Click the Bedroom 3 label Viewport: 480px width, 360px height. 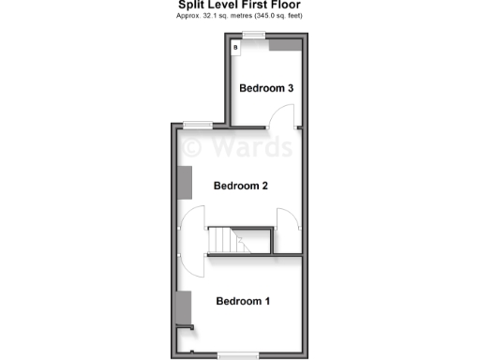tap(267, 89)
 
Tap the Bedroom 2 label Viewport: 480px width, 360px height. tap(241, 186)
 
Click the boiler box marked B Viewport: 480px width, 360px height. tap(236, 46)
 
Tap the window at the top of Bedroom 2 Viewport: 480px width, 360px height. tap(197, 123)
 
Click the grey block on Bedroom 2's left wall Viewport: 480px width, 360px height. tap(186, 182)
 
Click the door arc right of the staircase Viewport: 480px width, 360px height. tap(289, 228)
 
